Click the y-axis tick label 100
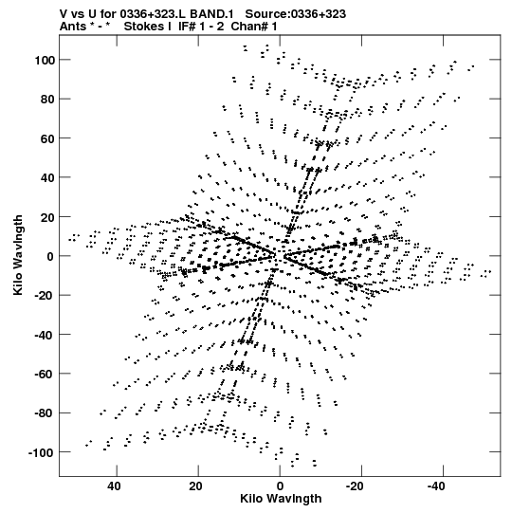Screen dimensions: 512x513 click(x=46, y=60)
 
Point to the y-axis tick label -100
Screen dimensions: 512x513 click(x=41, y=453)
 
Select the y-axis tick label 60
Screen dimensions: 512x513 click(x=47, y=138)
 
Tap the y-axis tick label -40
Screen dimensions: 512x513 click(x=45, y=335)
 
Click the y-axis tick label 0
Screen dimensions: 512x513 click(x=50, y=256)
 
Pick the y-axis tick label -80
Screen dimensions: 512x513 click(x=45, y=413)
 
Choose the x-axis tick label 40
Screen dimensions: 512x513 click(x=114, y=486)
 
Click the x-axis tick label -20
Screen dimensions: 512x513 click(x=355, y=486)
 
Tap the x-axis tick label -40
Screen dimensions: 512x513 click(x=436, y=486)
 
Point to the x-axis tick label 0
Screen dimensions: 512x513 click(x=280, y=486)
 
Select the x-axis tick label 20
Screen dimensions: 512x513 click(x=195, y=486)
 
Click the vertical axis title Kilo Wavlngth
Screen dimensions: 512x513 click(x=18, y=255)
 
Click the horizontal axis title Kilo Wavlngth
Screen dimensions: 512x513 click(x=281, y=499)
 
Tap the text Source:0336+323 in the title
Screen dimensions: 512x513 click(x=296, y=14)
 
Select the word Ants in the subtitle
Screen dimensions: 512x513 click(x=73, y=27)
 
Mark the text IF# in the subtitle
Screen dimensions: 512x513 click(x=187, y=27)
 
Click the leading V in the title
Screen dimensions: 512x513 click(x=64, y=14)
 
